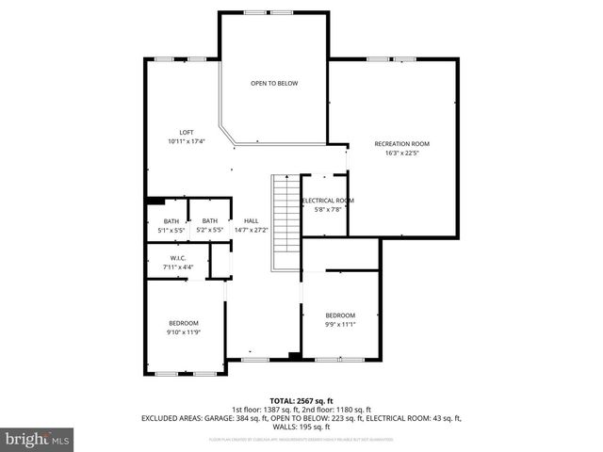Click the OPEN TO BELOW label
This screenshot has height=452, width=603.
(x=274, y=84)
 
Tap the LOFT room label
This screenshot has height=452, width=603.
(x=187, y=132)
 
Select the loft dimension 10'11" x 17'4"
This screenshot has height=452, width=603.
(x=187, y=141)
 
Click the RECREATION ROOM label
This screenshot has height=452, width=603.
(x=401, y=143)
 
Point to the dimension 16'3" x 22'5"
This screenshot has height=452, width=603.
(x=401, y=153)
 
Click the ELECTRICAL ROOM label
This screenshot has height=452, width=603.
(x=327, y=201)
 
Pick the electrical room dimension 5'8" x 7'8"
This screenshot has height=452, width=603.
(x=327, y=210)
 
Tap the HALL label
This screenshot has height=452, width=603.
(x=251, y=220)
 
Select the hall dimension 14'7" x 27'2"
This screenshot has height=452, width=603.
(x=251, y=230)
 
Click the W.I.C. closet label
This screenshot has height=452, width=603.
(x=178, y=258)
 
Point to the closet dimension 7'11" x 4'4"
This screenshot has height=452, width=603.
(x=178, y=267)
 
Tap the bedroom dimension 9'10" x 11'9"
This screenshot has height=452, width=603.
(x=183, y=331)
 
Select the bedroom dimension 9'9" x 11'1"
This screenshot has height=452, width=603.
(x=340, y=324)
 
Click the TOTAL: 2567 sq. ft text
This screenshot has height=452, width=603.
(x=301, y=400)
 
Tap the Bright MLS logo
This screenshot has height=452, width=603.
(x=37, y=439)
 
